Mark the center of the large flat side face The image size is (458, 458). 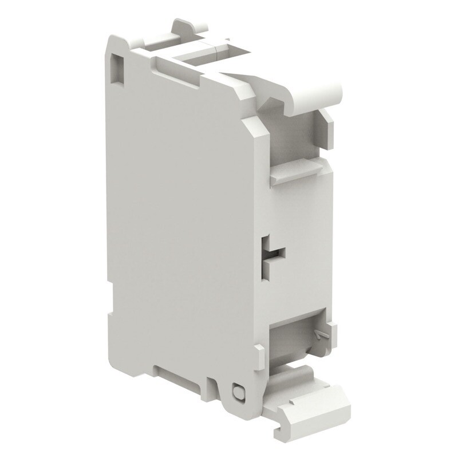click(183, 229)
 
